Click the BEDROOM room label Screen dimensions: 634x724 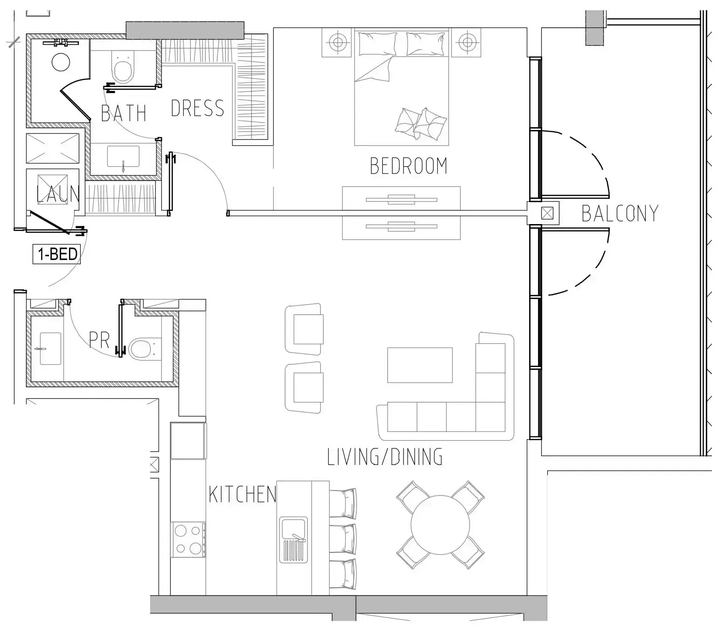point(408,166)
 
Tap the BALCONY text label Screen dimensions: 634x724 point(620,213)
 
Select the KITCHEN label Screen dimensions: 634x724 point(242,494)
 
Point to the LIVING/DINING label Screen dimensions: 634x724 point(385,457)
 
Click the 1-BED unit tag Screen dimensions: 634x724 point(57,254)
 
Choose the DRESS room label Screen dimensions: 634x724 point(197,109)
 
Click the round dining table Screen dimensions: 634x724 point(440,525)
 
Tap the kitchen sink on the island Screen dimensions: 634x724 point(293,539)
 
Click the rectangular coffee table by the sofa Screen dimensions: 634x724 point(420,365)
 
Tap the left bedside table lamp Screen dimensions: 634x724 point(337,42)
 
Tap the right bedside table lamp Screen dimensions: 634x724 point(466,42)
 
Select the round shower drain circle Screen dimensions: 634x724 point(61,62)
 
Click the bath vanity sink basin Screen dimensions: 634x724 point(123,157)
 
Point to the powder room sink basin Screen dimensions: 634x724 point(50,348)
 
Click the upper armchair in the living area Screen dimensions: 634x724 point(305,328)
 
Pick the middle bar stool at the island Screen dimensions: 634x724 point(343,539)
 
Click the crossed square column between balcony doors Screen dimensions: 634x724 point(547,213)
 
